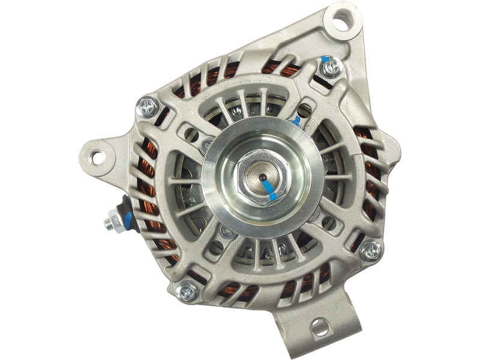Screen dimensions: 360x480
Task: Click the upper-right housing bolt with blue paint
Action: pos(329,70)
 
